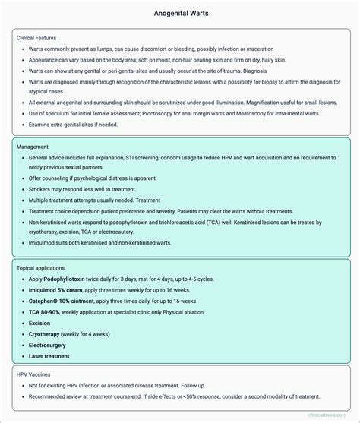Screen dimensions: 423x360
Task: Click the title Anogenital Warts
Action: (180, 13)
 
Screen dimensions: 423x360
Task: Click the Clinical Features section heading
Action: (36, 37)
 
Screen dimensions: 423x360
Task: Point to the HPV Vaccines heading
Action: (36, 374)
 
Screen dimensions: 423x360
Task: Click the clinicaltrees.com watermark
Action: (329, 415)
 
